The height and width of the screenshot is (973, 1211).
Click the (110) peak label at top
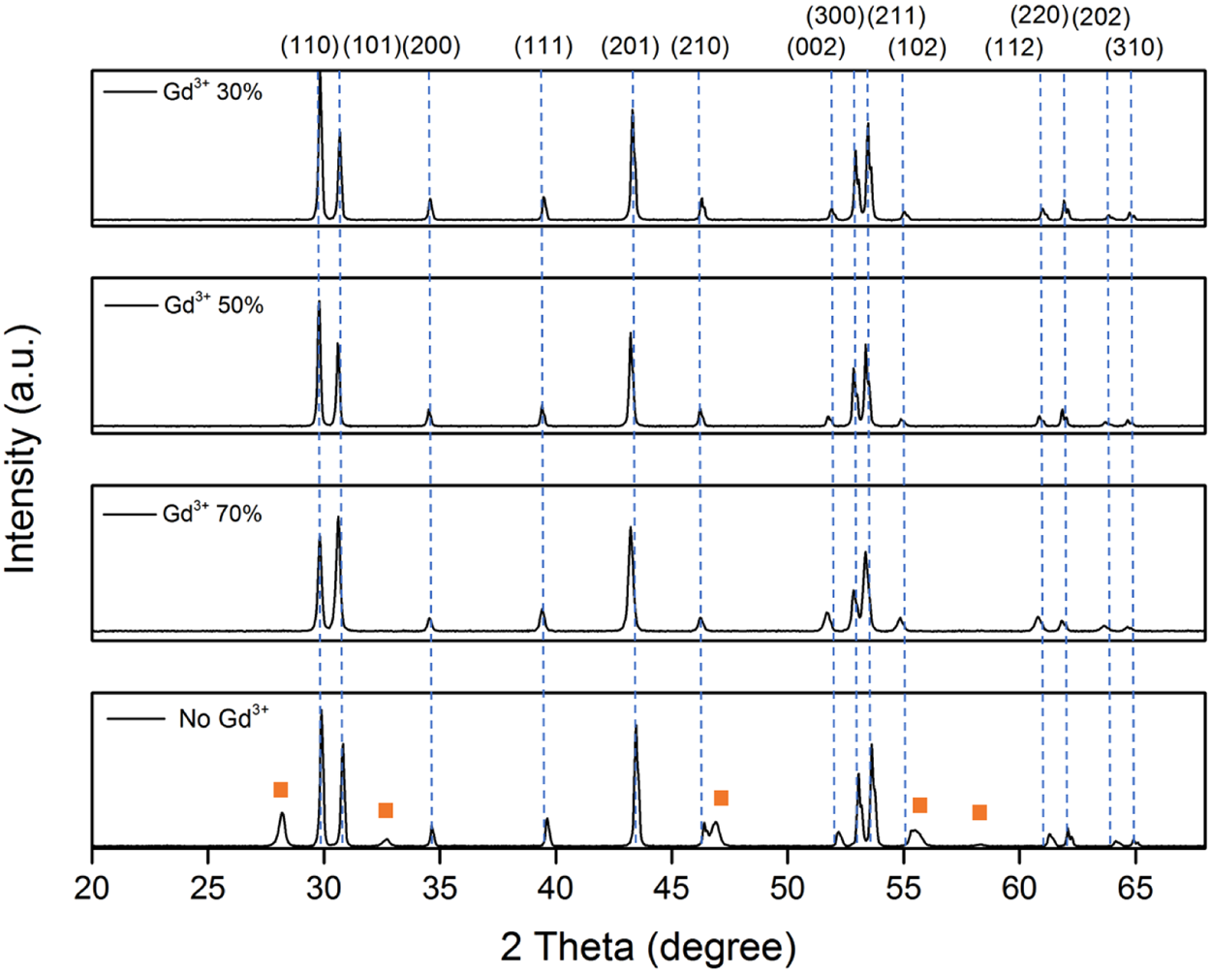click(x=309, y=46)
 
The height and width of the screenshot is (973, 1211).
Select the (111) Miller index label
click(x=543, y=46)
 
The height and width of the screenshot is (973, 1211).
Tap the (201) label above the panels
click(x=631, y=46)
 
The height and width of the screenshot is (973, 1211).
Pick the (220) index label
click(x=1040, y=16)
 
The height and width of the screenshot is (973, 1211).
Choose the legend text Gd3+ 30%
click(x=212, y=92)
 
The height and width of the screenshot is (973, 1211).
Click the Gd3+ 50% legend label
click(x=213, y=304)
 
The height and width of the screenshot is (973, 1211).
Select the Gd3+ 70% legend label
click(x=212, y=513)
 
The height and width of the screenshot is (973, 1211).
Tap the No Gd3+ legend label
click(x=224, y=718)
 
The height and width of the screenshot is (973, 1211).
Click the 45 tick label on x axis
click(x=671, y=888)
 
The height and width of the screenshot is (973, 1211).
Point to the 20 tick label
click(x=92, y=888)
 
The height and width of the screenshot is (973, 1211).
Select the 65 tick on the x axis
click(x=1134, y=888)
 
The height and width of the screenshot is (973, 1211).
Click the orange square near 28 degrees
click(x=281, y=790)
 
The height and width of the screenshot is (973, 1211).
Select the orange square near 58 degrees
click(x=979, y=812)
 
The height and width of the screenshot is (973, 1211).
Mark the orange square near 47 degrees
click(x=721, y=798)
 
